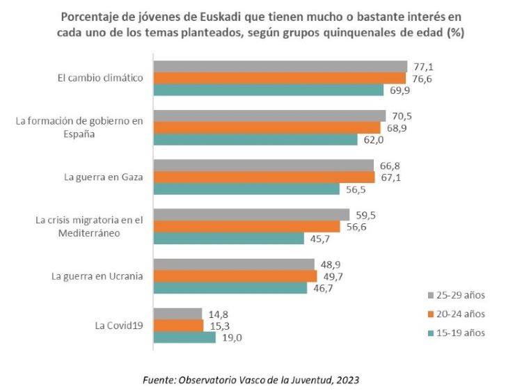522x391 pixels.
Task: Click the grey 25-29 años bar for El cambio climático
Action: pos(280,66)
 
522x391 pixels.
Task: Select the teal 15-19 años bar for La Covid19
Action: pos(184,337)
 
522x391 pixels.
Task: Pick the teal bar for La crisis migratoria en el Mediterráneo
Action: pos(228,239)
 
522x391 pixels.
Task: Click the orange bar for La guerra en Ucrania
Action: pos(235,276)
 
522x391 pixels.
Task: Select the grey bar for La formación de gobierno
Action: pos(269,115)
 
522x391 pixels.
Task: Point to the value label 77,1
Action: pos(425,66)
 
